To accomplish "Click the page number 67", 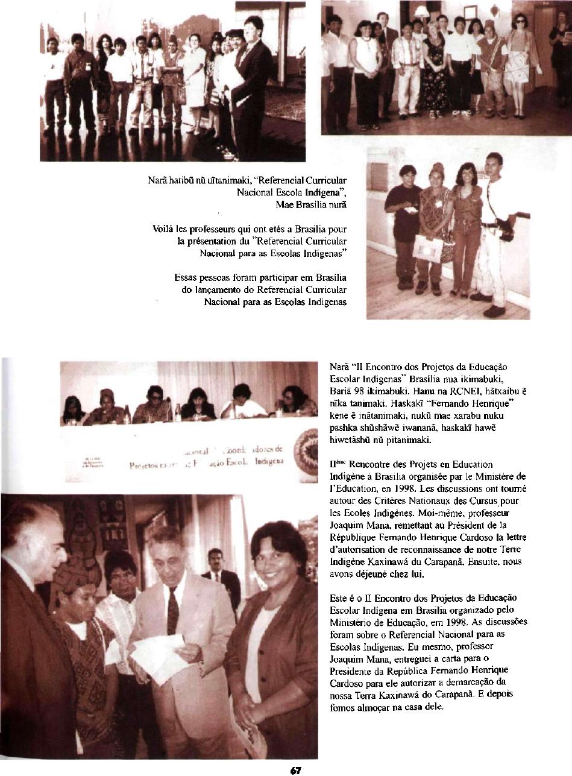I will pyautogui.click(x=295, y=770).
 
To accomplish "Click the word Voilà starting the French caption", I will pyautogui.click(x=165, y=229).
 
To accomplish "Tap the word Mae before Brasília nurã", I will pyautogui.click(x=284, y=204).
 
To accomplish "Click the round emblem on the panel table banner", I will pyautogui.click(x=306, y=452).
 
